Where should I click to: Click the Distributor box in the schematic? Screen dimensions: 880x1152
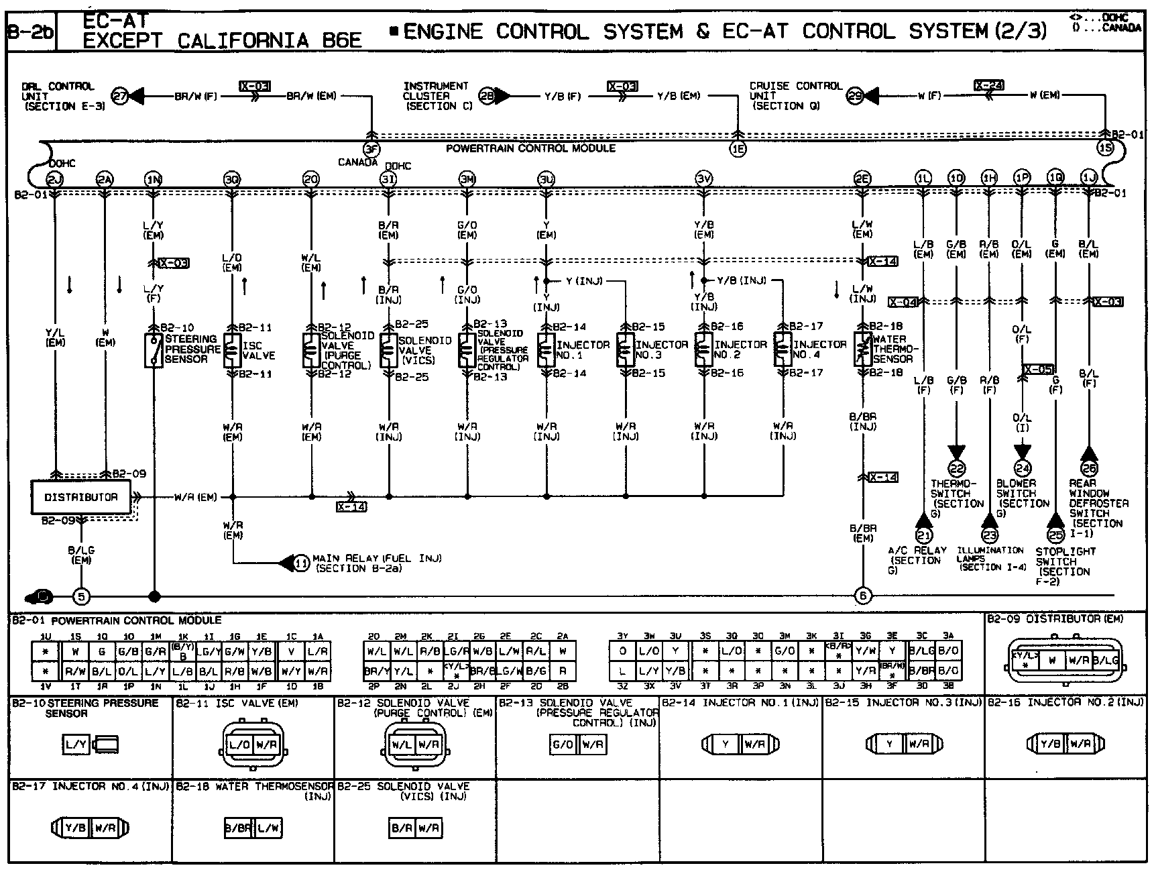tap(81, 497)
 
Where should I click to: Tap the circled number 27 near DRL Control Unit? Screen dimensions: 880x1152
tap(119, 96)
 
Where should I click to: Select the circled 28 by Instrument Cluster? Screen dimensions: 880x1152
tap(487, 96)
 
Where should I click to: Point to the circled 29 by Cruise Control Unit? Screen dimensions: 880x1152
tap(855, 96)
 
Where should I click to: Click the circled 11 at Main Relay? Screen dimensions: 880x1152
tap(302, 563)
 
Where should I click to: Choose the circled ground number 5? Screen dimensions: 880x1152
tap(81, 596)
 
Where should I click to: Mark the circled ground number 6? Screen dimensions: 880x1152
tap(863, 596)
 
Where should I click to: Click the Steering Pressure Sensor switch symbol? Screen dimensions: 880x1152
tap(154, 349)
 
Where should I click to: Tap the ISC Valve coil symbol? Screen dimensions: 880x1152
tap(232, 349)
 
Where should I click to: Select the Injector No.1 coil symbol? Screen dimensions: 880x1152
tap(546, 350)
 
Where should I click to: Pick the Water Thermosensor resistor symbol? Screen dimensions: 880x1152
tap(863, 349)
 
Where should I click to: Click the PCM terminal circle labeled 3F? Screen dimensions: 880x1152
tap(371, 149)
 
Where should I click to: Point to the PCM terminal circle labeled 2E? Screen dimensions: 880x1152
tap(862, 178)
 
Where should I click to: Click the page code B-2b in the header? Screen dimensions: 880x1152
tap(30, 32)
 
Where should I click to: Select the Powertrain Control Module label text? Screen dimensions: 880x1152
tap(530, 148)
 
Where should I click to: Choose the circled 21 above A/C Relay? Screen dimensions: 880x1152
tap(924, 535)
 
